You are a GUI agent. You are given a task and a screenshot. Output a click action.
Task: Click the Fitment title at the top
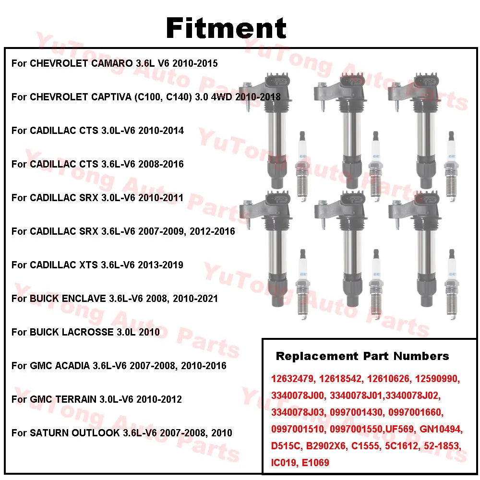[x=226, y=28]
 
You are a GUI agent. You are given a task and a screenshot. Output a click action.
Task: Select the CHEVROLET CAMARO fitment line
[x=114, y=63]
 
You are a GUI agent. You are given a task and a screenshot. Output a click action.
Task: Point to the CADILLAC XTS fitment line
[x=97, y=265]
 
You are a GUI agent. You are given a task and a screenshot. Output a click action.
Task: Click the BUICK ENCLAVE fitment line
[x=114, y=299]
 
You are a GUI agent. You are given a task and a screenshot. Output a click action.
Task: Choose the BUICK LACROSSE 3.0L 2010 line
[x=85, y=332]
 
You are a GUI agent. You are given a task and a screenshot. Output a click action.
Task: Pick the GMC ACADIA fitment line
[x=119, y=366]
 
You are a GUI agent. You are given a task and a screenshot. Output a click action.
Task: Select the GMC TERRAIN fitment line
[x=96, y=399]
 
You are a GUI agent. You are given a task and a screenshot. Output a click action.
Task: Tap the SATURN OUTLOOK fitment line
[x=121, y=433]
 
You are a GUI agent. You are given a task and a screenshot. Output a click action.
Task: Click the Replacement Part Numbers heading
[x=362, y=356]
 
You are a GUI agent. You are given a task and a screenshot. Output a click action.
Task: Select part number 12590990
[x=437, y=379]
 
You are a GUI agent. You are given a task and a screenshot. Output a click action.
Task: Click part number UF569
[x=399, y=429]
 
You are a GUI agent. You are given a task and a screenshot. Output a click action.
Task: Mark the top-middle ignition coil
[x=346, y=130]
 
